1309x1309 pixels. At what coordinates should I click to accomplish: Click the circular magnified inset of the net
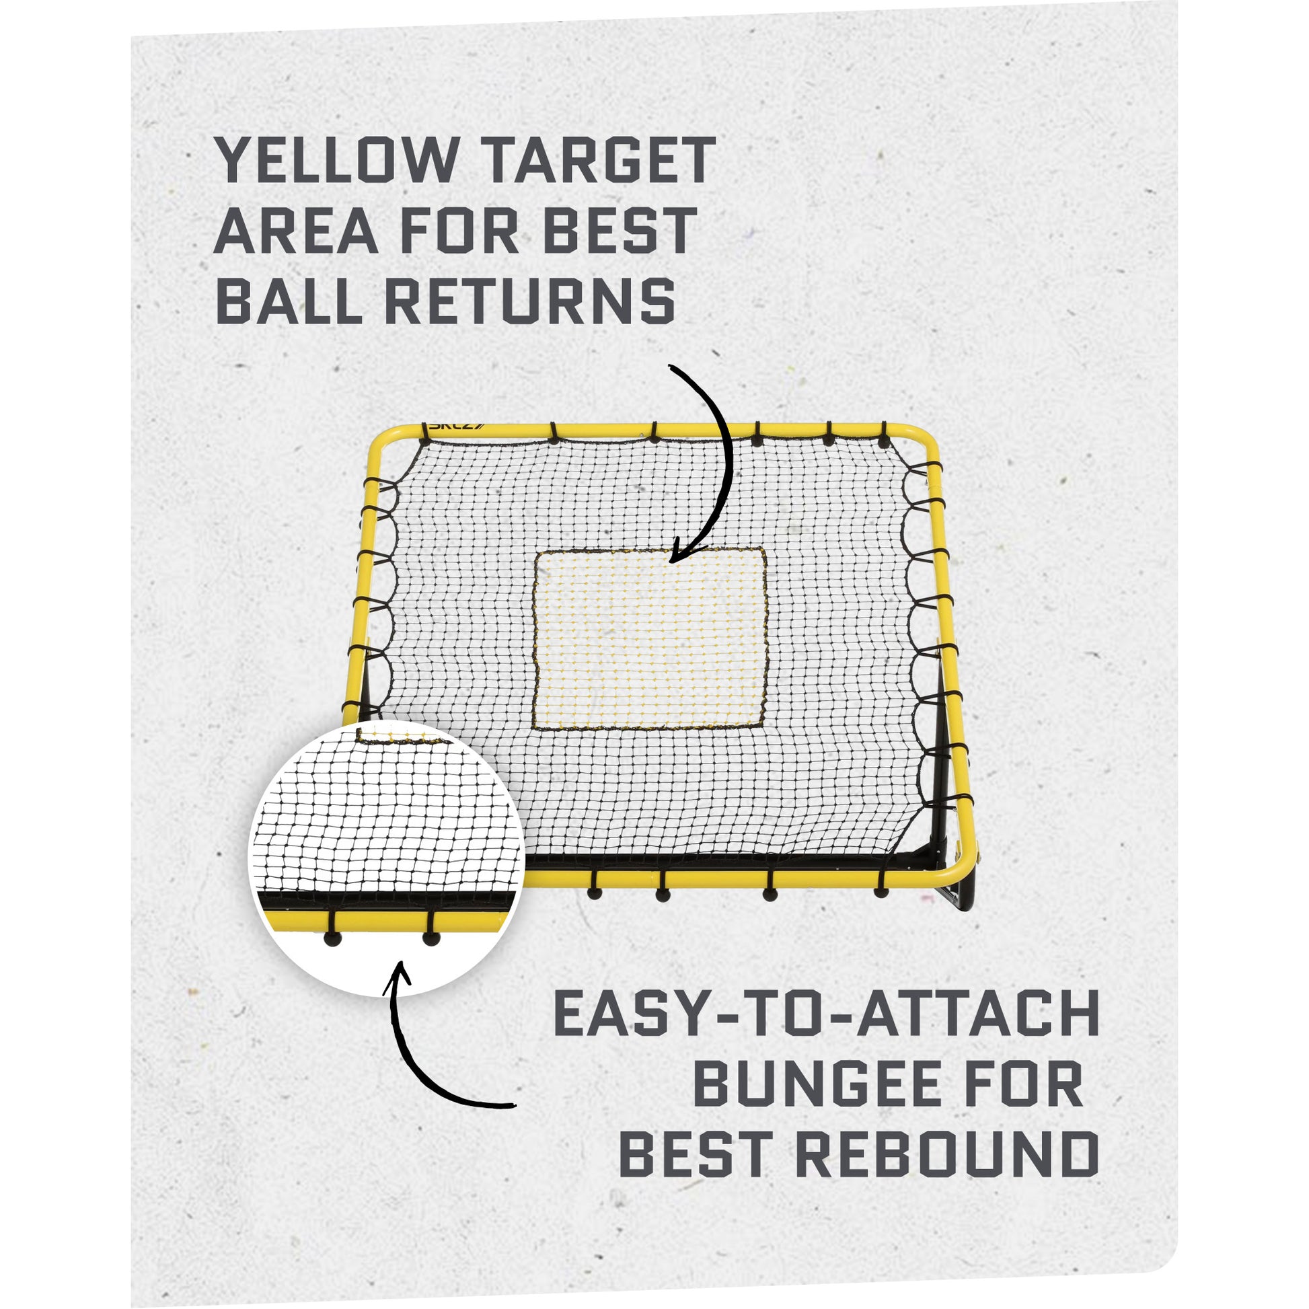click(386, 860)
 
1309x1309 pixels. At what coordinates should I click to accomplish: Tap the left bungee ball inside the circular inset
click(332, 939)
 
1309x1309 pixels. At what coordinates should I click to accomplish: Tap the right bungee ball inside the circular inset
click(431, 939)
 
